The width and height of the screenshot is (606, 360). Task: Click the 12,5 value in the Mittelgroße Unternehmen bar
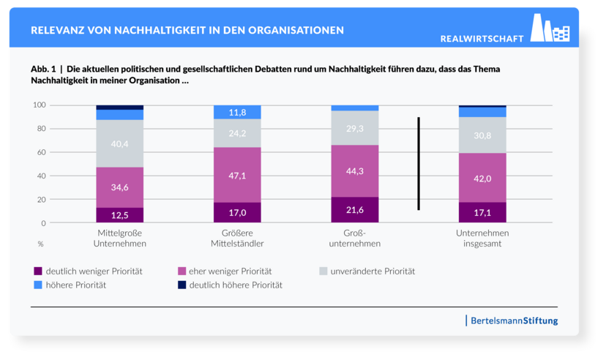click(x=120, y=214)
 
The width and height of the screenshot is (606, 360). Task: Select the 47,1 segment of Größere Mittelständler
click(x=237, y=175)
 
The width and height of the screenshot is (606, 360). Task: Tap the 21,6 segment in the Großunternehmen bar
click(x=354, y=210)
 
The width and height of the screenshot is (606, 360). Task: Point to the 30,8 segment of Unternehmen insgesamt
click(x=482, y=135)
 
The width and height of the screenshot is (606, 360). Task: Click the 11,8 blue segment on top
click(x=237, y=112)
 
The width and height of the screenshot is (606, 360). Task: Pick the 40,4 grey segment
click(x=120, y=144)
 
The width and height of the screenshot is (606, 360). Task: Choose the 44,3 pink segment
click(x=354, y=171)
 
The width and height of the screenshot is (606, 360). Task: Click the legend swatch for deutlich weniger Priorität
click(x=39, y=271)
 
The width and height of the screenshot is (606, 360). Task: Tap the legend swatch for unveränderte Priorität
click(x=324, y=271)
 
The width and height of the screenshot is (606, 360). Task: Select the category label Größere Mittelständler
click(x=237, y=238)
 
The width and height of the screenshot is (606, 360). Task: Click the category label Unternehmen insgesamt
click(x=482, y=238)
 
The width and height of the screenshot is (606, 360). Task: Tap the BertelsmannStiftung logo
click(x=512, y=320)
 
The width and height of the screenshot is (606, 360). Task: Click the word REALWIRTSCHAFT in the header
click(x=482, y=38)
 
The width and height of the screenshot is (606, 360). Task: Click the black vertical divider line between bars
click(x=419, y=163)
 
